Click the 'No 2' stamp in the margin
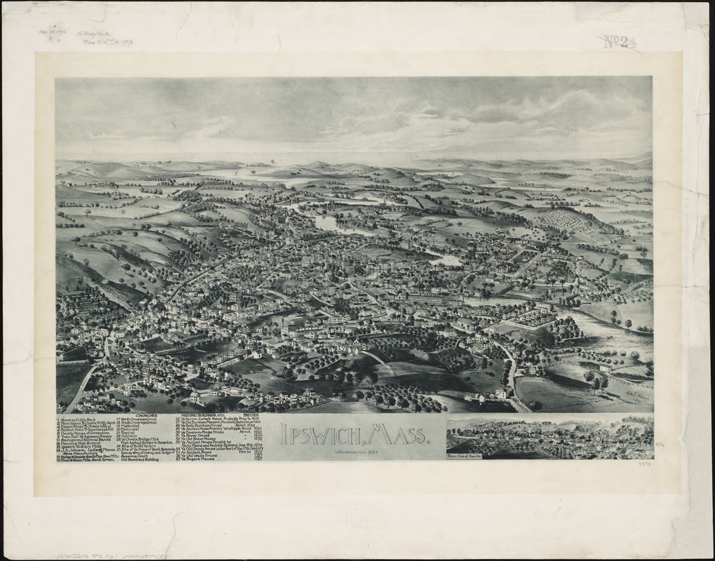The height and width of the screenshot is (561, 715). (617, 41)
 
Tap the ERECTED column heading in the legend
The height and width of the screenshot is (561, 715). (250, 415)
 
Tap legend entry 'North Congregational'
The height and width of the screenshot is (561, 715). (144, 419)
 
